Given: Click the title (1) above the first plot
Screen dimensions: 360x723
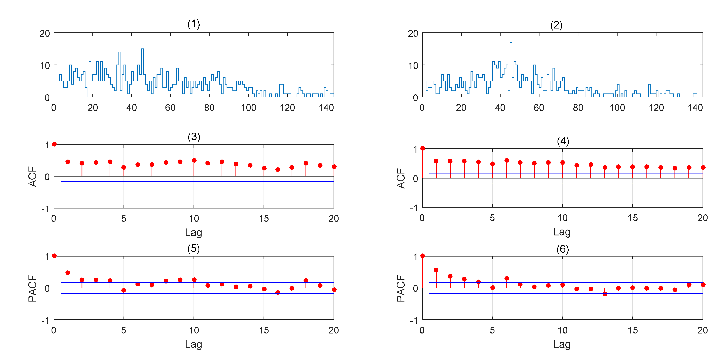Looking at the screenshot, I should tap(194, 24).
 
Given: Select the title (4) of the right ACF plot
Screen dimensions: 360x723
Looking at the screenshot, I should tap(563, 141).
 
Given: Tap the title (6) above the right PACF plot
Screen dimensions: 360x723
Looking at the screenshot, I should tap(563, 249).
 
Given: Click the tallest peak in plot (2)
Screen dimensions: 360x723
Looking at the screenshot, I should tap(511, 43).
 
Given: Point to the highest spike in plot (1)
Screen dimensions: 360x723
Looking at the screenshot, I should tap(142, 49).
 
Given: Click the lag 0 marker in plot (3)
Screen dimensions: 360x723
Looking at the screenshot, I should tap(54, 144).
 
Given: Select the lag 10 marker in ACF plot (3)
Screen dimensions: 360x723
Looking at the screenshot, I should tap(194, 160).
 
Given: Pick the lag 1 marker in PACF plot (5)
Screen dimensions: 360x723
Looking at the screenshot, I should tap(68, 273).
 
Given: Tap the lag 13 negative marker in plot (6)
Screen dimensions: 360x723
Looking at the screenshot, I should tap(605, 294).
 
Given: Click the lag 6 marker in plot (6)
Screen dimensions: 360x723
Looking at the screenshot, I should tap(507, 278).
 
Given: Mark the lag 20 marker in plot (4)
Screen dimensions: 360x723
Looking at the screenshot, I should tap(703, 168).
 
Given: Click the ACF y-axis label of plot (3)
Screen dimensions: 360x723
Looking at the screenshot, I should tap(33, 177).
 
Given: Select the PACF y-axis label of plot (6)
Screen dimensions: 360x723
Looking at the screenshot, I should tap(401, 288).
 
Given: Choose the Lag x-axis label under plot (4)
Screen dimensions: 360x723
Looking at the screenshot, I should tap(562, 232).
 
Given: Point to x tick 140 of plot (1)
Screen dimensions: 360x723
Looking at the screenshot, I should tap(326, 107).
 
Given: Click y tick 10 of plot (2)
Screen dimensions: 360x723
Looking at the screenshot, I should tap(413, 66).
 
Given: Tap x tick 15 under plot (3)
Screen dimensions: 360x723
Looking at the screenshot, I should tap(264, 218).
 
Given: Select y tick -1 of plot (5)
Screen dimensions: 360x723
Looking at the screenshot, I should tap(45, 320).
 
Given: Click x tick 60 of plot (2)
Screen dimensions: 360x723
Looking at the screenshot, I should tap(539, 107).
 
